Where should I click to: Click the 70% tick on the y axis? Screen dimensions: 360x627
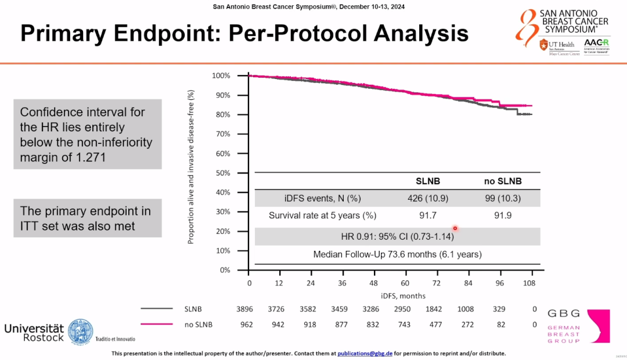222,134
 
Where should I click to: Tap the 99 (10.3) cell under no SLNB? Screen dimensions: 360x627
502,199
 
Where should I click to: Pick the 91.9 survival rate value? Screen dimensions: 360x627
502,215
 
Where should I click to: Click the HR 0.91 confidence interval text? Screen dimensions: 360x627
397,236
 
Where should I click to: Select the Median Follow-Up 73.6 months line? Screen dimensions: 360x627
397,254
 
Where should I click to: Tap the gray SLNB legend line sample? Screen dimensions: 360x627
156,309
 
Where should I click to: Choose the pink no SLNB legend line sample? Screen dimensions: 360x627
156,324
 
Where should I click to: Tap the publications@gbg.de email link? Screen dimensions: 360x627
365,353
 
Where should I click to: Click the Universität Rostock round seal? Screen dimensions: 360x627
80,332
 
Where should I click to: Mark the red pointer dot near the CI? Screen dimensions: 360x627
455,229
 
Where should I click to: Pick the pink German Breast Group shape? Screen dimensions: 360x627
598,326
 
